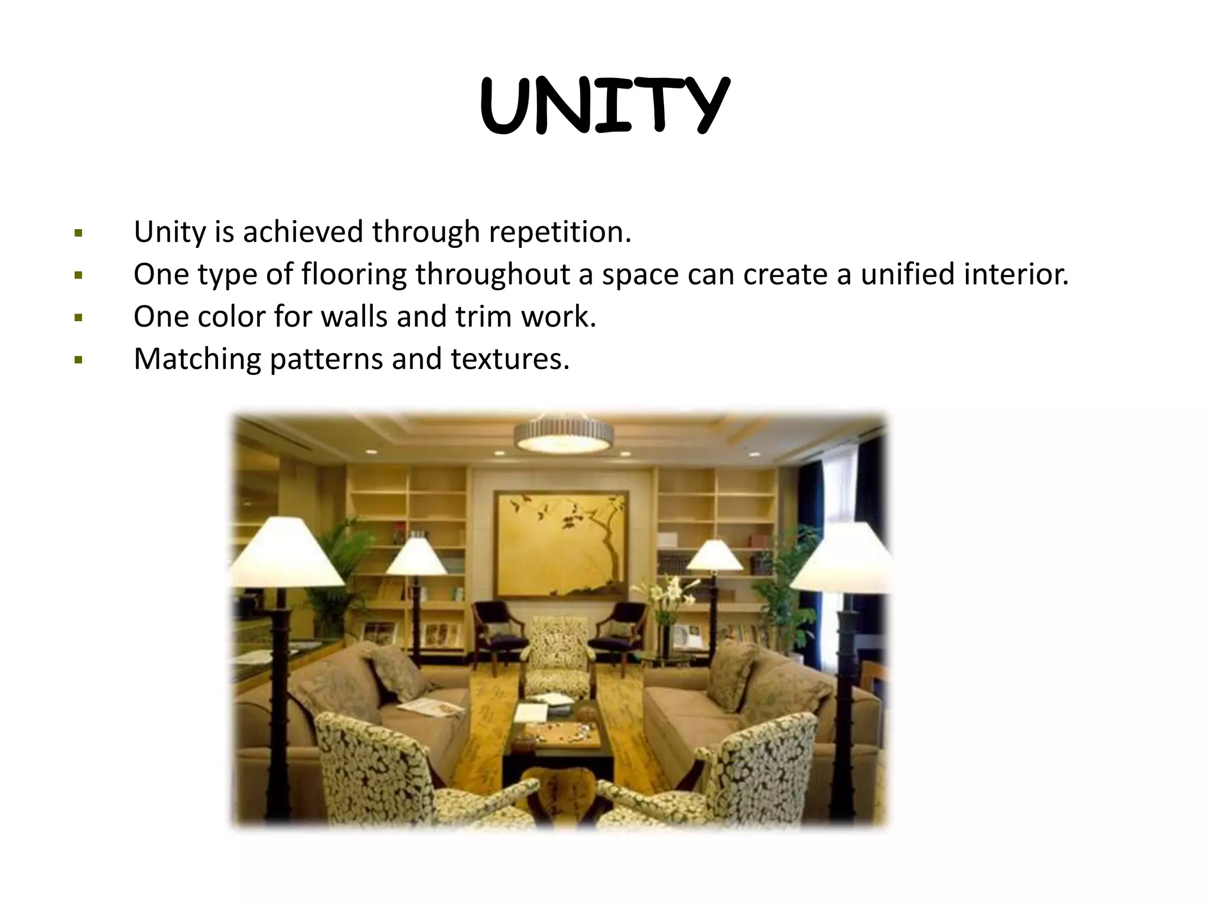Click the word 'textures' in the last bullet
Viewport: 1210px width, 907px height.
click(x=509, y=359)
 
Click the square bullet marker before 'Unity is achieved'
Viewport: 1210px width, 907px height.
click(x=79, y=233)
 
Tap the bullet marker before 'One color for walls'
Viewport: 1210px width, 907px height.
click(x=79, y=318)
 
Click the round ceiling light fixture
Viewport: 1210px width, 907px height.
click(x=563, y=434)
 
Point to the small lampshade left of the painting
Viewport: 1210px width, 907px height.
click(x=417, y=556)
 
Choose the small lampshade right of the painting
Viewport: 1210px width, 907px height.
click(x=715, y=556)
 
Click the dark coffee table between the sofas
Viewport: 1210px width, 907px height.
click(x=558, y=738)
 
